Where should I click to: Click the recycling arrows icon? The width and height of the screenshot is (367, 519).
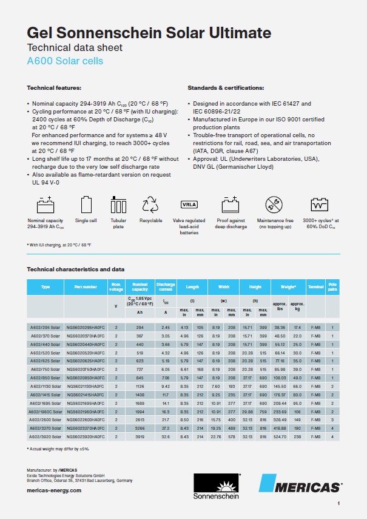[150, 205]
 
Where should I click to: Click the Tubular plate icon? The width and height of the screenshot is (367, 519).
[118, 205]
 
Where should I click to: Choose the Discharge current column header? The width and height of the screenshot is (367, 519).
[166, 286]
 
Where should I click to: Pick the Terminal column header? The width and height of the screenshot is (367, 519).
[316, 286]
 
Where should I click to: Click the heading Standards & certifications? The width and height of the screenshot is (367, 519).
[226, 88]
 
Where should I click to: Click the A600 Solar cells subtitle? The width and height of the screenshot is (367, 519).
[65, 61]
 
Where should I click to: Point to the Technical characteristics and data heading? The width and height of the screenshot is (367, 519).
[75, 268]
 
